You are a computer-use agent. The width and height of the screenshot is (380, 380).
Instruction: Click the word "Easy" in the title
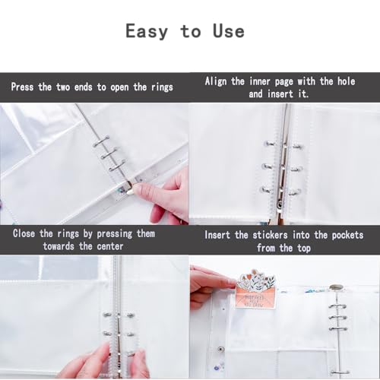click(x=147, y=31)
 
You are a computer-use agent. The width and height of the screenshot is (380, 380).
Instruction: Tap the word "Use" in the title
click(x=229, y=31)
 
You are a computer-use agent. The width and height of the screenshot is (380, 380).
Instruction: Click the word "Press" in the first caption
click(x=22, y=87)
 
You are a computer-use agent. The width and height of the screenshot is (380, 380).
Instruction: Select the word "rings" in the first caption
click(x=162, y=87)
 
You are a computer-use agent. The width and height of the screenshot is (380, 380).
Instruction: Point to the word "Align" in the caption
click(x=216, y=81)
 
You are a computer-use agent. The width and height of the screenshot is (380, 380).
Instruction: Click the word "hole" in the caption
click(x=346, y=81)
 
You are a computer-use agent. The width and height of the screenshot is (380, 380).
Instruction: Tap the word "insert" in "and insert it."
click(x=280, y=94)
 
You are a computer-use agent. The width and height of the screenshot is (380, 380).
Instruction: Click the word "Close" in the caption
click(x=24, y=233)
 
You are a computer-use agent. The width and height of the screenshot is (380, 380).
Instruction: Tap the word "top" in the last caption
click(x=304, y=249)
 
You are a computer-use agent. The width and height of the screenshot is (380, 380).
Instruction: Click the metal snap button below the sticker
click(x=221, y=350)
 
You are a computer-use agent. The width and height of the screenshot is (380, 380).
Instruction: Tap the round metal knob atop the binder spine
click(x=337, y=287)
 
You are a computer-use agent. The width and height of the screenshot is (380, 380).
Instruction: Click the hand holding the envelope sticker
click(x=211, y=287)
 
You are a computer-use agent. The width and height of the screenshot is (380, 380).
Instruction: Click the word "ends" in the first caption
click(x=83, y=87)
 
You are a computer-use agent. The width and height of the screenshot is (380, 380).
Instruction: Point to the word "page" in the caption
click(x=284, y=82)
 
